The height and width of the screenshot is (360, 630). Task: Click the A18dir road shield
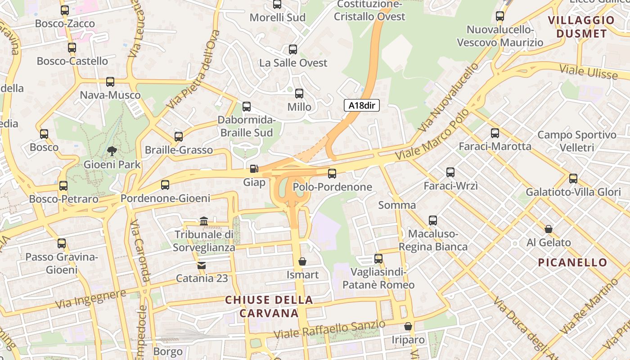coord(362,106)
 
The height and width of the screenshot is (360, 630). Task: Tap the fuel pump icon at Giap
coord(254,169)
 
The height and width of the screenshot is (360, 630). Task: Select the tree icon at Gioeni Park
coord(112,151)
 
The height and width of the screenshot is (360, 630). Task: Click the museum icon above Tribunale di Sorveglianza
coord(204,221)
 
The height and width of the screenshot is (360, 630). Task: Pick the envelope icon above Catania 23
coord(201,265)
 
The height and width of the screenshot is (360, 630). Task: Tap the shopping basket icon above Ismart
coord(302,261)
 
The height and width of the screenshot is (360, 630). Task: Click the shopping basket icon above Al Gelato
coord(549,229)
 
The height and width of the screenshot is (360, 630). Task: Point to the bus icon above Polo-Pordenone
coord(332,173)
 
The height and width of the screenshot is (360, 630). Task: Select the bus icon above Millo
coord(299,94)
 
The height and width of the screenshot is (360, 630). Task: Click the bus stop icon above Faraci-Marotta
coord(495,133)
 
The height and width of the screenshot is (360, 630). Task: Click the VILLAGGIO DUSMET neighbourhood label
coord(581,27)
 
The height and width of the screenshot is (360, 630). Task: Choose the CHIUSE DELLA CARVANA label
coord(269,306)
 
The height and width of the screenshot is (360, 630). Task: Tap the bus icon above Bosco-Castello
coord(72,48)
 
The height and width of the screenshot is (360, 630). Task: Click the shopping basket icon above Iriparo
coord(408,326)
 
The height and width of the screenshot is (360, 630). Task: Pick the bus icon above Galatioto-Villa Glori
coord(573,179)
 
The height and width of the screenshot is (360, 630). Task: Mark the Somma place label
coord(397,205)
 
